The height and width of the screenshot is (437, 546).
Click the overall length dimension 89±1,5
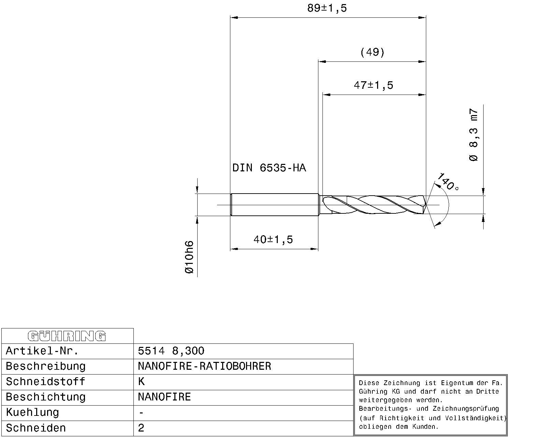[x=327, y=8]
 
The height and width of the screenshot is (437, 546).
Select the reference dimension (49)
[x=372, y=52]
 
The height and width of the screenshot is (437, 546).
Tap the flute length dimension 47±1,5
[x=373, y=85]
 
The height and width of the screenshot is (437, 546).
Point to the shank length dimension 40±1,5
[x=273, y=240]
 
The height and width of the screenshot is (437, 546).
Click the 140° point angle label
[x=448, y=182]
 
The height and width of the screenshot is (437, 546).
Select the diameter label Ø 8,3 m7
[x=474, y=135]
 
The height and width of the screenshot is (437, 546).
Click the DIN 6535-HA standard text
[x=269, y=168]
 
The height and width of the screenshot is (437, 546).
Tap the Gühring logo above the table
[x=67, y=336]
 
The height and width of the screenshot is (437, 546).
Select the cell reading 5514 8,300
[x=171, y=351]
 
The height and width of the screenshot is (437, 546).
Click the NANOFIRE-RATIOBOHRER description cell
[x=204, y=366]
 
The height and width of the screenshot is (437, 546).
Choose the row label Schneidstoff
[x=45, y=382]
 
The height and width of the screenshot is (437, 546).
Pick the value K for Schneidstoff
[x=141, y=382]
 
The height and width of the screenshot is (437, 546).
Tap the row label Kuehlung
[x=32, y=412]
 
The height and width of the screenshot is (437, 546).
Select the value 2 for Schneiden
[x=141, y=428]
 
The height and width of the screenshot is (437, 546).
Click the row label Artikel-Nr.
[x=42, y=351]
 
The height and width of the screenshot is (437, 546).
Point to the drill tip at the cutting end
[x=425, y=205]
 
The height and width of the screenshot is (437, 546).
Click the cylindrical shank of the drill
[x=275, y=205]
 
